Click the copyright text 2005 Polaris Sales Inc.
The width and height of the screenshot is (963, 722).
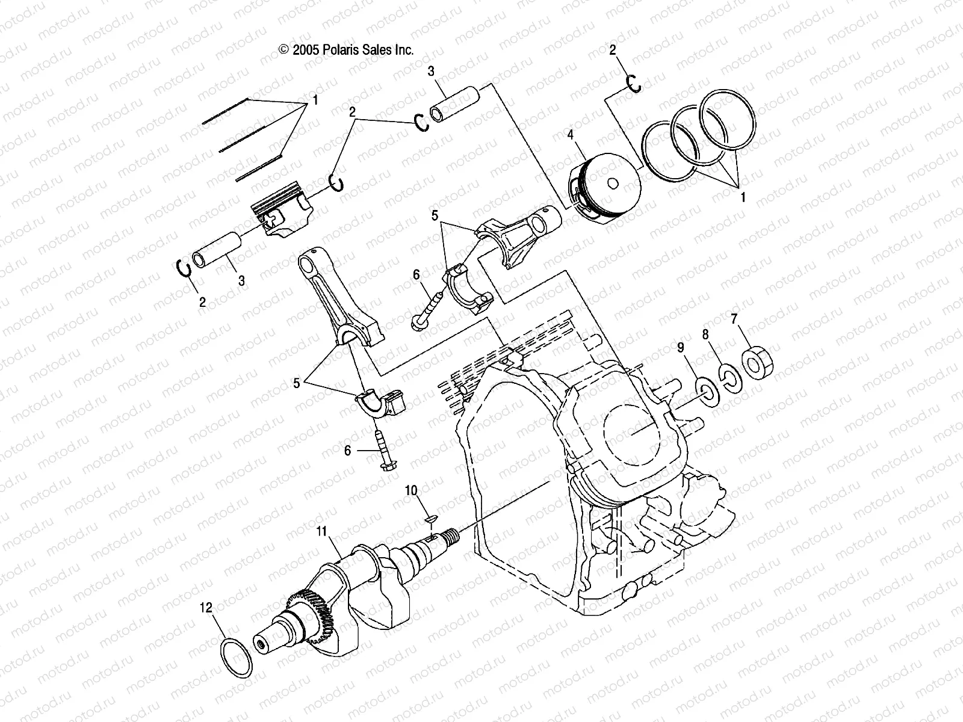click(x=346, y=51)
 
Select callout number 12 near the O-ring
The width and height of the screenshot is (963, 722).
click(x=206, y=608)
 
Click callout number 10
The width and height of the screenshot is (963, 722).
click(x=410, y=490)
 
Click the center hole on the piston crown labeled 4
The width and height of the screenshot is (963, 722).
click(x=612, y=184)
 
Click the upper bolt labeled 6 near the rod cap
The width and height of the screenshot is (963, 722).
click(x=428, y=307)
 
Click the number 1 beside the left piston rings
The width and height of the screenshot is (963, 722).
click(x=315, y=100)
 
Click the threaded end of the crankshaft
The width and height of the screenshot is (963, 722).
click(x=451, y=533)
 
